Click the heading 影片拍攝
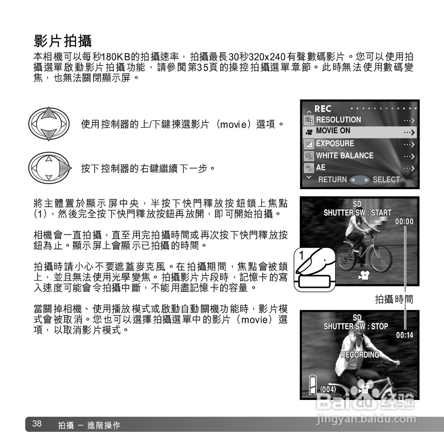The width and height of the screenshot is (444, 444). click(x=63, y=41)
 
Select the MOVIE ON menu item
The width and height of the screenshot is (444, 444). click(x=333, y=131)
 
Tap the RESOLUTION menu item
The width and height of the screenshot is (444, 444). click(x=338, y=120)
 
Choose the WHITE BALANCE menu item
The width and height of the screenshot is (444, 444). click(x=344, y=156)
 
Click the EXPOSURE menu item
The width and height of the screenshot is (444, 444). click(x=335, y=144)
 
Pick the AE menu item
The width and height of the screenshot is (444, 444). click(x=320, y=168)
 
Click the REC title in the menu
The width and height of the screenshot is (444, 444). click(x=323, y=109)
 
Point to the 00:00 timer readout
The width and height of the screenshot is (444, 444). click(x=404, y=222)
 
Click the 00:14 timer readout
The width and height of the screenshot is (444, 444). click(x=404, y=335)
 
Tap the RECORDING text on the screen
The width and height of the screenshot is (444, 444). click(x=360, y=355)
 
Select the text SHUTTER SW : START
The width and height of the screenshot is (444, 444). click(x=357, y=213)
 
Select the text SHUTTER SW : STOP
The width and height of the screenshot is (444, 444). click(x=355, y=326)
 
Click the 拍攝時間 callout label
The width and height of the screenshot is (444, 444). click(x=394, y=299)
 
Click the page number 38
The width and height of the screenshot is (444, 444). click(x=37, y=424)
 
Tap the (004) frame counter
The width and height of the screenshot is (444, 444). click(x=328, y=389)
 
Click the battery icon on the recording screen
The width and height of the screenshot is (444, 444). click(x=312, y=384)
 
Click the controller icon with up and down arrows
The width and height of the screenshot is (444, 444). click(x=49, y=124)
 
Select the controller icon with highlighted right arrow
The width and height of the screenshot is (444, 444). click(x=49, y=168)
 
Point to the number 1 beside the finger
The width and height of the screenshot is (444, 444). click(x=301, y=255)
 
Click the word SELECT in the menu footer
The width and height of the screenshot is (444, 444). click(x=386, y=180)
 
